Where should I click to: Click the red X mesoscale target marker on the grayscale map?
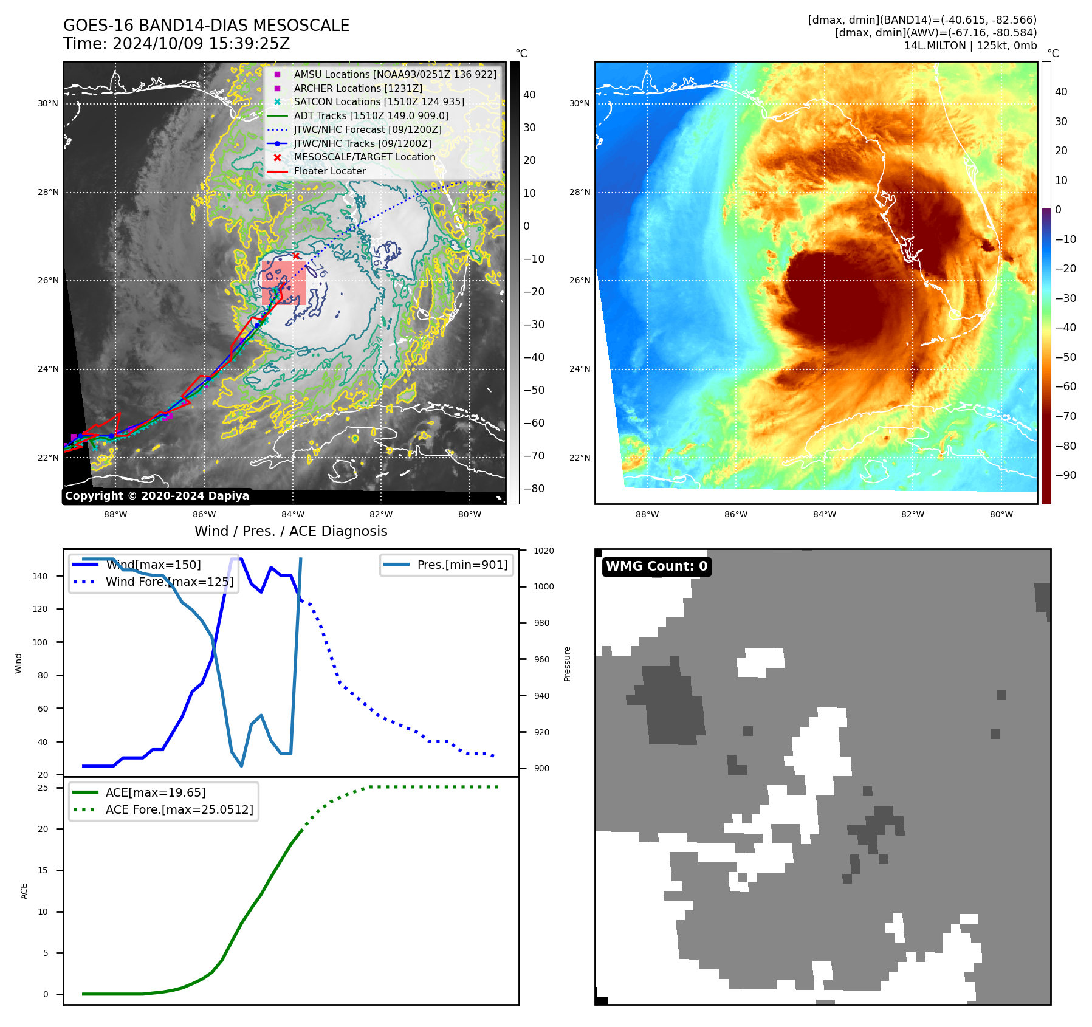coord(296,256)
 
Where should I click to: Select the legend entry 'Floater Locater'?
coord(329,171)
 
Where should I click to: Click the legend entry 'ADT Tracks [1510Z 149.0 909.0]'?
coord(371,115)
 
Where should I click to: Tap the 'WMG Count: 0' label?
coord(656,566)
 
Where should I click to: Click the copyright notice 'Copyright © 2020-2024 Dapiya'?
coord(157,496)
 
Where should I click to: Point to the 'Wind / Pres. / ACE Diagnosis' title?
coord(290,531)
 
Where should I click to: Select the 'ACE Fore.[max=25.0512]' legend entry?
coord(179,809)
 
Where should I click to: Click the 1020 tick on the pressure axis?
coord(543,551)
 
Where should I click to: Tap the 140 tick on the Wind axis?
coord(40,576)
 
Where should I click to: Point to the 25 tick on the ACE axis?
coord(43,788)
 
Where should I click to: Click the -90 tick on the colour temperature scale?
coord(1065,475)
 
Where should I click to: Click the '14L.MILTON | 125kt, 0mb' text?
coord(970,46)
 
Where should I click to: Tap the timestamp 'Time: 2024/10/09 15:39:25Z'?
coord(176,44)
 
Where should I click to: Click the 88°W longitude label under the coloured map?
coord(647,514)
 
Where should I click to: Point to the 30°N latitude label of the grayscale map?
coord(48,104)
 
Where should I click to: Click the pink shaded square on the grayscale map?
coord(284,283)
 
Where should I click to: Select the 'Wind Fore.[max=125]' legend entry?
coord(169,582)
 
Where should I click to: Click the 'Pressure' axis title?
coord(567,664)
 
